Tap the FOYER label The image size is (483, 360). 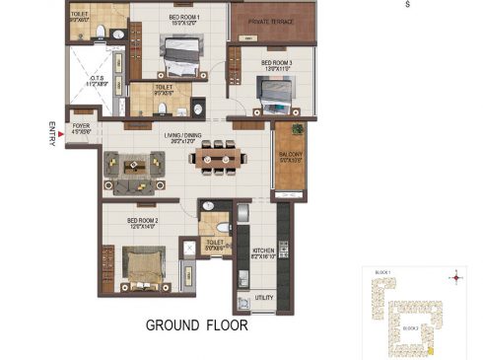(x=80, y=126)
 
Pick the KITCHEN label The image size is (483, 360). (x=262, y=252)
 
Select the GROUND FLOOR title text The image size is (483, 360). (x=196, y=324)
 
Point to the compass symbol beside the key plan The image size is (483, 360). (x=455, y=278)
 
